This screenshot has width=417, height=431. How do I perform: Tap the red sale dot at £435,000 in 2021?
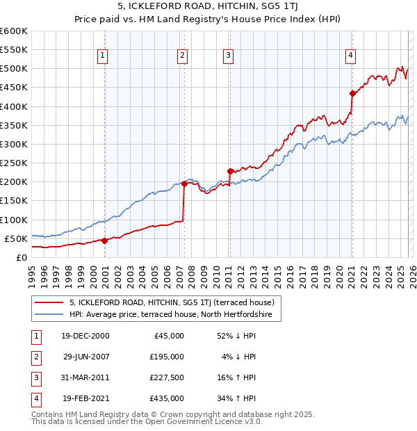352,93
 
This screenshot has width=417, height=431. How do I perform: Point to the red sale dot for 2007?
184,184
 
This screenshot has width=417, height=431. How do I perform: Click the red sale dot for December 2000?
104,241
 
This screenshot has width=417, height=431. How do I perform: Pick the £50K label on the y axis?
16,238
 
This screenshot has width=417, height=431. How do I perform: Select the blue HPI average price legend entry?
174,315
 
